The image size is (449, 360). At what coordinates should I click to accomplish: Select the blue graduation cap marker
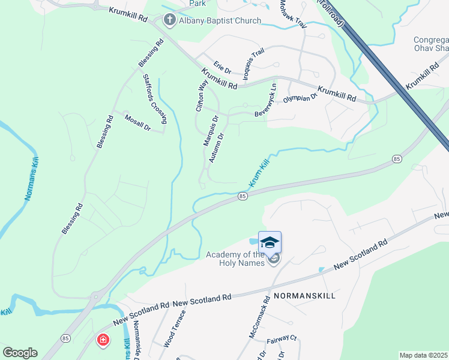click(270, 242)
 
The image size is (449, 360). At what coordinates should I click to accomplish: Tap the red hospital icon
click(103, 340)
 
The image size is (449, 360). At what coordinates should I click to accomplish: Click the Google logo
click(20, 353)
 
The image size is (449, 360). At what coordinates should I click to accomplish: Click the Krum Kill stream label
click(259, 173)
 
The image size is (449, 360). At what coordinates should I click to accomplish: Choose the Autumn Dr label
click(216, 148)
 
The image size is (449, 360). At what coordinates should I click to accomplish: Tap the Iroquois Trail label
click(253, 64)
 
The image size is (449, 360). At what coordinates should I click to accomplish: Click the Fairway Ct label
click(282, 338)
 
